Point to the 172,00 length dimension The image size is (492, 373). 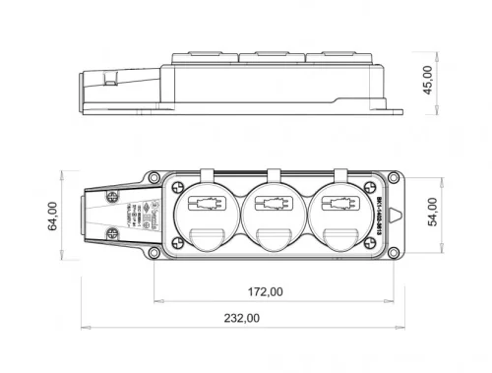[x=265, y=291]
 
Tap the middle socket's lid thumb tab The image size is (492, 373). [x=270, y=236]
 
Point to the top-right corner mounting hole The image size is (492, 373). [x=393, y=178]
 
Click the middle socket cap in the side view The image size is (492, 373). [x=277, y=58]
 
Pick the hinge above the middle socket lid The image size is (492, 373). [x=270, y=176]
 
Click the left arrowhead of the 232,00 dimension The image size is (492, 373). [x=85, y=328]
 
